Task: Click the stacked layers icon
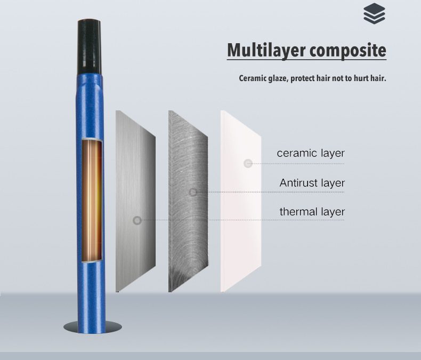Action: coord(374,14)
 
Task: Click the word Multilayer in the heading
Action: coord(266,50)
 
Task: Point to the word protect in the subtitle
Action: coord(302,79)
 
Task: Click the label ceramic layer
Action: coord(311,153)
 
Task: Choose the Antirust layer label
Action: coord(312,183)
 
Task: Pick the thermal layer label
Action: coord(312,211)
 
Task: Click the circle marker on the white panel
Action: coord(248,163)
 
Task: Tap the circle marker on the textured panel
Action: coord(193,192)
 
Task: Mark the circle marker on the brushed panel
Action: coord(137,220)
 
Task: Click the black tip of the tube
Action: coord(90,47)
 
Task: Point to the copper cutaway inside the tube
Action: coord(92,200)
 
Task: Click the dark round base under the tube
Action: coord(93,327)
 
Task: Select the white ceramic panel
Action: coord(241,201)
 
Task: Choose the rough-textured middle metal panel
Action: coord(188,201)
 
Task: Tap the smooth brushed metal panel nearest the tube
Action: coord(135,201)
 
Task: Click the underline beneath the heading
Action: coord(306,59)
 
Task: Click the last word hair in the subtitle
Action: coord(378,78)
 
